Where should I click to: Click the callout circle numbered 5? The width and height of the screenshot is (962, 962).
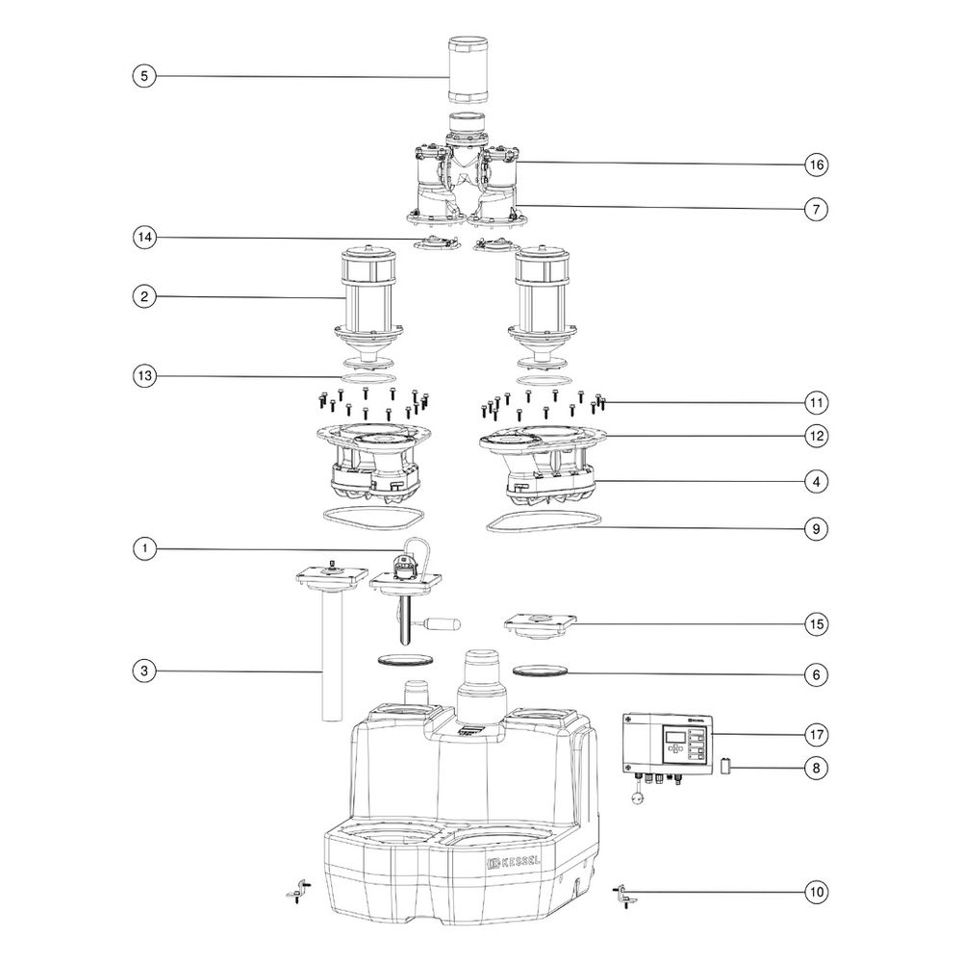(144, 76)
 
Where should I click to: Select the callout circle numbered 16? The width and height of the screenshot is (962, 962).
(816, 165)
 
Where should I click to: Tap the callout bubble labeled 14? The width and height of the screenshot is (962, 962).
(144, 237)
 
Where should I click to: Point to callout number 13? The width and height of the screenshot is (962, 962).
(144, 375)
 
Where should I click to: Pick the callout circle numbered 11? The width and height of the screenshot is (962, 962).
(816, 402)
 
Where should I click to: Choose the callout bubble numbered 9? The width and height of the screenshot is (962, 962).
(816, 529)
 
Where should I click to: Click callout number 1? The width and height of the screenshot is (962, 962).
(144, 548)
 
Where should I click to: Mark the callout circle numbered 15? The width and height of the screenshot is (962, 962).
(816, 624)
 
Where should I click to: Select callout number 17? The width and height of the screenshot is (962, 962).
(816, 734)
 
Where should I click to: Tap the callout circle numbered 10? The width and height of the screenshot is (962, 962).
(816, 892)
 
